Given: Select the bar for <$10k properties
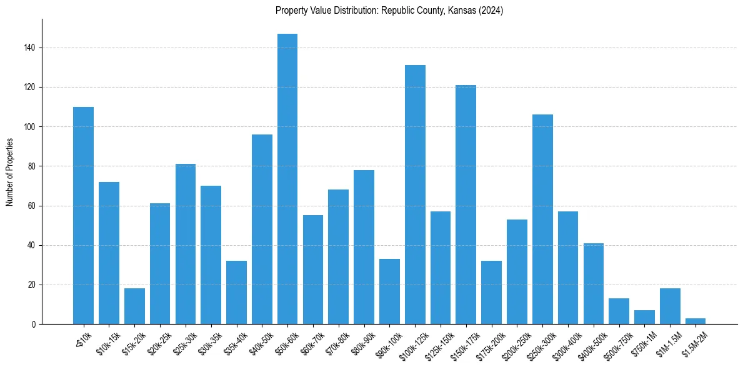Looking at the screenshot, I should (x=83, y=216).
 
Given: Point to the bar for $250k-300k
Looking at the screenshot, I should (x=542, y=220).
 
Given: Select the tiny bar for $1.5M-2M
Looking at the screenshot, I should (x=696, y=321).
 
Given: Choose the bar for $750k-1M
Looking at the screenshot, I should (x=644, y=318).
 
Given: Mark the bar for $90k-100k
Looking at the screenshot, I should (x=389, y=291).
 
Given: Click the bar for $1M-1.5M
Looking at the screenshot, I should (x=670, y=306).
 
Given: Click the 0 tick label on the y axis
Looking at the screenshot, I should (x=35, y=325).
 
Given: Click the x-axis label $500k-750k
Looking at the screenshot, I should (x=617, y=343).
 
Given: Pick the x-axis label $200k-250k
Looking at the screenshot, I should (x=516, y=343).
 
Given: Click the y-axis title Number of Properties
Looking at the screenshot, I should (x=10, y=171).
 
